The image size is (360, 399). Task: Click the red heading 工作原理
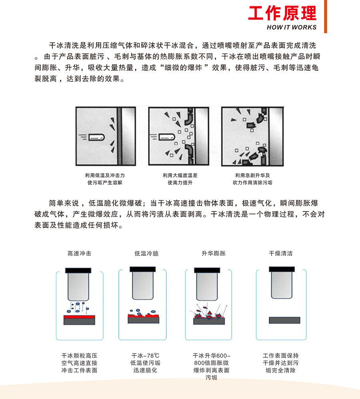[x=282, y=13]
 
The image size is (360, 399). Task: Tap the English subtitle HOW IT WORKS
[x=292, y=27]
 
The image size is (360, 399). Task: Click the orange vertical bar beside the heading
[x=325, y=16]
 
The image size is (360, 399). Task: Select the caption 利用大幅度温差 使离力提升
[x=180, y=179]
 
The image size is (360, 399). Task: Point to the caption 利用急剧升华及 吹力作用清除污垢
[x=252, y=179]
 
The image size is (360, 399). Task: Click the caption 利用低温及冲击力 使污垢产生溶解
[x=105, y=179]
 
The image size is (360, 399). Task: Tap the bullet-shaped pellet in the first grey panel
[x=97, y=138]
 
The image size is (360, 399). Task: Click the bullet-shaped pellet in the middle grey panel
[x=167, y=137]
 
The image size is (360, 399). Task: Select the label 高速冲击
[x=80, y=253]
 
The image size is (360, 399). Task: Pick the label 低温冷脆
[x=146, y=253]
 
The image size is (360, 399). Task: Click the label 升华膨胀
[x=214, y=253]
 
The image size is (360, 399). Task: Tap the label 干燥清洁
[x=281, y=253]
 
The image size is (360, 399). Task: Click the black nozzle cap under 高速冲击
[x=78, y=271]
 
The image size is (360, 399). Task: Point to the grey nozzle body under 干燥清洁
[x=282, y=285]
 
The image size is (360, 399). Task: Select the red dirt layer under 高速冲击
[x=79, y=317]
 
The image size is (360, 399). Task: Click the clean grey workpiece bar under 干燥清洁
[x=284, y=320]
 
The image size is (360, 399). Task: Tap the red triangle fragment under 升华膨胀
[x=210, y=313]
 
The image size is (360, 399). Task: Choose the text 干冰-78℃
[x=145, y=355]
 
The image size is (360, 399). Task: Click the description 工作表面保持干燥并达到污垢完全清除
[x=280, y=363]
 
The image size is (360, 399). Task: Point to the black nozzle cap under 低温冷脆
[x=142, y=269]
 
